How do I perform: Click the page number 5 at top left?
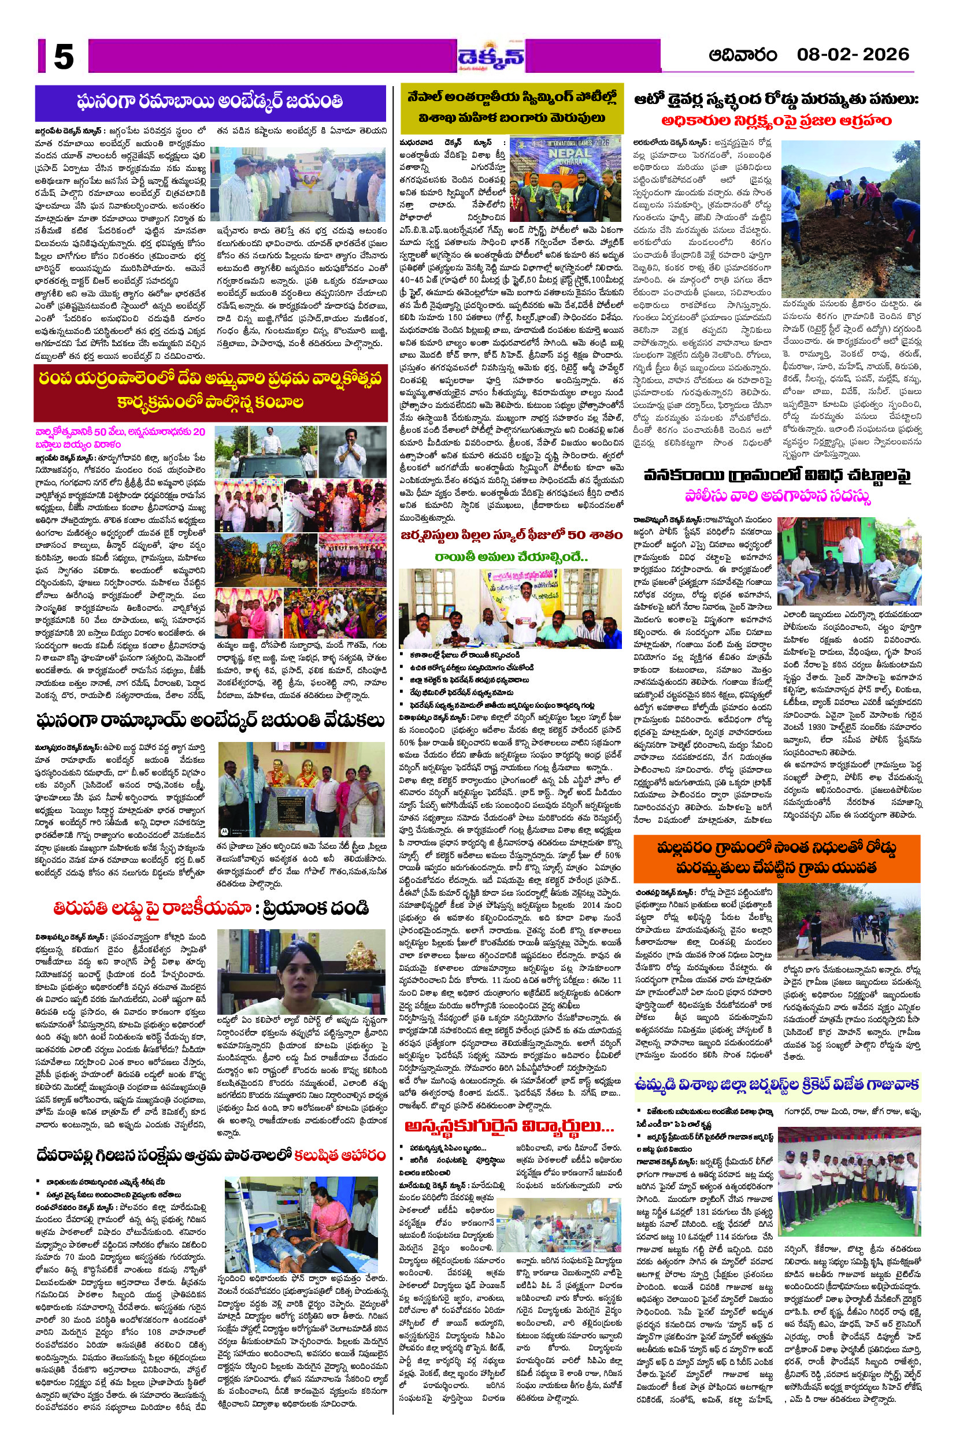click(x=64, y=59)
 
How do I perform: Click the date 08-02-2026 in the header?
click(x=853, y=54)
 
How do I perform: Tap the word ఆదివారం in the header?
click(x=742, y=55)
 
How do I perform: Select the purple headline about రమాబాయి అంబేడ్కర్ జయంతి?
click(x=210, y=101)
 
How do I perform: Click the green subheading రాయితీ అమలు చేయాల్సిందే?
click(x=511, y=556)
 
